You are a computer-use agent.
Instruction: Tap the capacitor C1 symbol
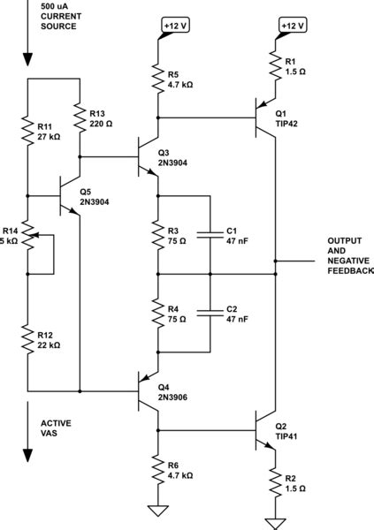point(210,235)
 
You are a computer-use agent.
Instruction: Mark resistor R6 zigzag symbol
point(157,467)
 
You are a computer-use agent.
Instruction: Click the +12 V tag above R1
point(291,26)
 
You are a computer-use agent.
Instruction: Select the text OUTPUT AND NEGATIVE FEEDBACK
point(349,256)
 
